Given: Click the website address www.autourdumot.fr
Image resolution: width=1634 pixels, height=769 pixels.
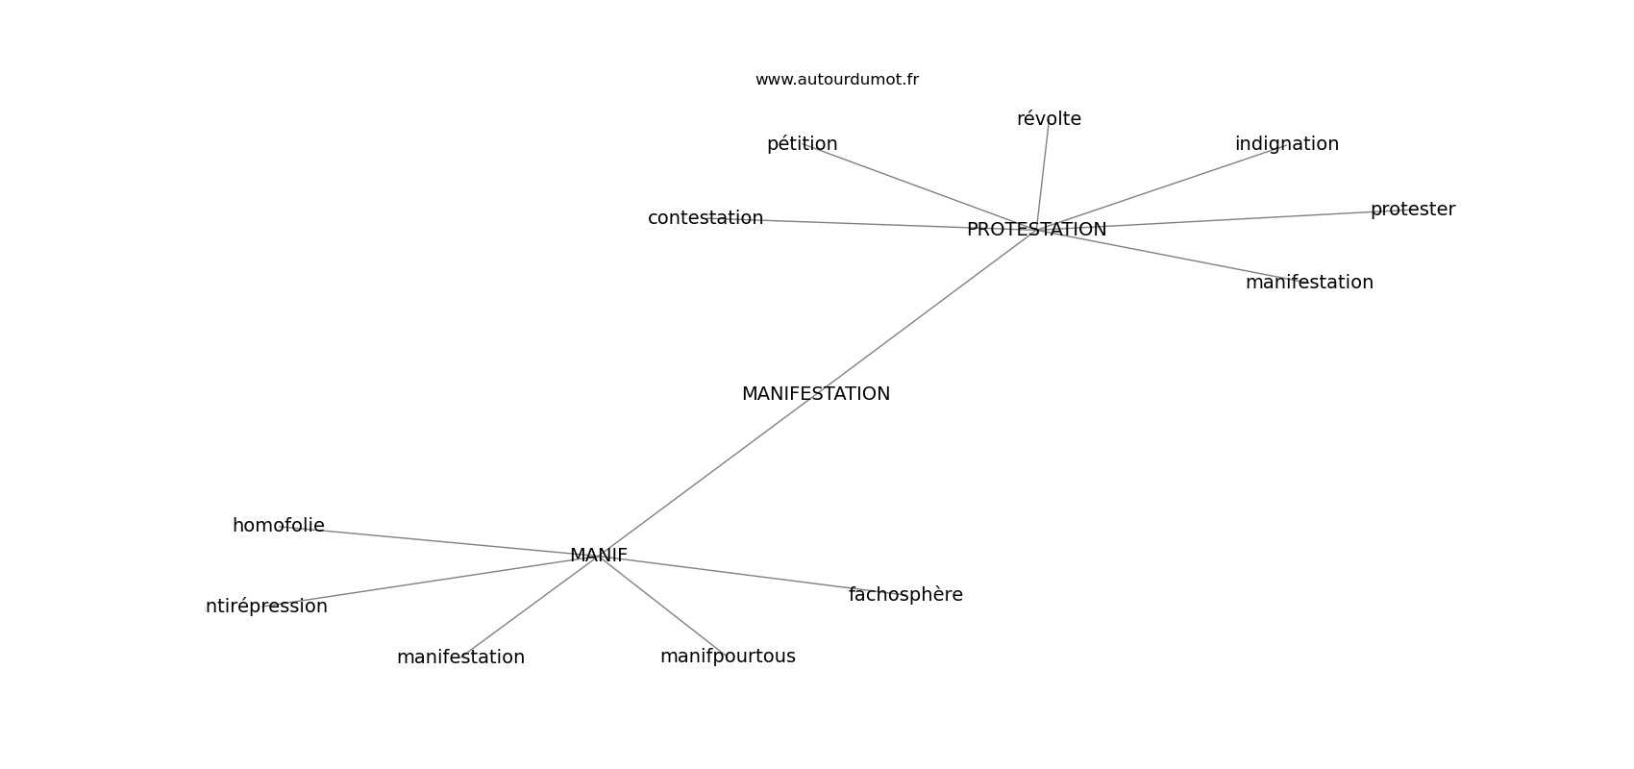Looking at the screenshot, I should [x=836, y=80].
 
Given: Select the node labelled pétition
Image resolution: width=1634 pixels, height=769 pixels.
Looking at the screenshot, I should [x=802, y=144].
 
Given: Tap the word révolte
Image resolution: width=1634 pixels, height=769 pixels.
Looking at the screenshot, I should [x=1049, y=119].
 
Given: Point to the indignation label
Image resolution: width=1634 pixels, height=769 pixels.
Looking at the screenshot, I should [x=1286, y=144].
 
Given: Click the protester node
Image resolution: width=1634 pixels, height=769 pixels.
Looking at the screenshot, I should [x=1412, y=210].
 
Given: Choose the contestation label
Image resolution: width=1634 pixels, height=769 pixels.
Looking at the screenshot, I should [x=706, y=218].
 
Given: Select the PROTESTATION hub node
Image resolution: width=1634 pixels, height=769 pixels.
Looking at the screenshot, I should [x=1036, y=230].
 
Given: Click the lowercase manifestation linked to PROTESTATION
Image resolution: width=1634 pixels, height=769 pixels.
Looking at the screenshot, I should [x=1309, y=283].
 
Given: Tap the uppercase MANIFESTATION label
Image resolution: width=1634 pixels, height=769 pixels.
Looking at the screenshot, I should [x=815, y=394].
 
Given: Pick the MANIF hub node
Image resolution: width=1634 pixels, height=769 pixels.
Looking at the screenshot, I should [x=598, y=556].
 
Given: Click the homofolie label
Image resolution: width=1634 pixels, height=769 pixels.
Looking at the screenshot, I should [x=278, y=526].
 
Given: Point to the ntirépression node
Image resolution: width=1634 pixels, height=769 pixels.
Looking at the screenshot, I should [x=266, y=607].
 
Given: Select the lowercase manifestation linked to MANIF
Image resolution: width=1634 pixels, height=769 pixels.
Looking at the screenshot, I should [x=460, y=657].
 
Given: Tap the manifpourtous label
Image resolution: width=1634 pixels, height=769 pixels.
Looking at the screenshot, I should [x=728, y=657].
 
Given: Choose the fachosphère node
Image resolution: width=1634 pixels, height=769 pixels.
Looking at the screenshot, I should [x=905, y=595].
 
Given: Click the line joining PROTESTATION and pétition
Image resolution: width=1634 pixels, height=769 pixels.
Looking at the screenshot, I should [x=913, y=185].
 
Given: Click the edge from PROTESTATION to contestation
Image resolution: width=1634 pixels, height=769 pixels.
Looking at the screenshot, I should [x=865, y=224].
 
